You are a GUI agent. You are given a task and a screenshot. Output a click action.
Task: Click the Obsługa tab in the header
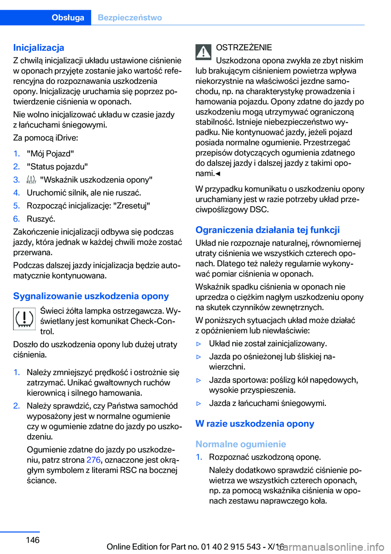point(68,17)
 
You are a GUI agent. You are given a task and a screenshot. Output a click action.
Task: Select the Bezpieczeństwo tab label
point(130,17)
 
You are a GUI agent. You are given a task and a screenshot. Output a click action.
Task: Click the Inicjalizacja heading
point(39,48)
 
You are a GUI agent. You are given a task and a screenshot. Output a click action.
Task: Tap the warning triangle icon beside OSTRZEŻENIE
point(203,52)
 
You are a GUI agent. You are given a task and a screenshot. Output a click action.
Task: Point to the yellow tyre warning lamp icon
point(24,318)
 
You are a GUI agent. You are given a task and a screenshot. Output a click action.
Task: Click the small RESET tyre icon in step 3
point(31,180)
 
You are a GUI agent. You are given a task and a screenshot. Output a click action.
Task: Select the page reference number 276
point(93,460)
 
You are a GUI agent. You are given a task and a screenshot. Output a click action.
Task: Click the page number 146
point(33,540)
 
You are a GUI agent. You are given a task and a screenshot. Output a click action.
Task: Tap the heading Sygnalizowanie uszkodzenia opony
point(91,296)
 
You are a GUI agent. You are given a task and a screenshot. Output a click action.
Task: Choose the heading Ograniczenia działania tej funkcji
point(268,230)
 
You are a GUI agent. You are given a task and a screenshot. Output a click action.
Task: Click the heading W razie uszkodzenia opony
point(255,423)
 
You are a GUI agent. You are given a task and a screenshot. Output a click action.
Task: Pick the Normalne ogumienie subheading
point(241,444)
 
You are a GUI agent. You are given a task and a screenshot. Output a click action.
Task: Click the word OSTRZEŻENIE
point(244,47)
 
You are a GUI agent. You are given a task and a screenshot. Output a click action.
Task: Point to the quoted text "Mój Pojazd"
point(51,153)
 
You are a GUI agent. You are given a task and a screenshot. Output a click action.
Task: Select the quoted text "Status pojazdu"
point(57,166)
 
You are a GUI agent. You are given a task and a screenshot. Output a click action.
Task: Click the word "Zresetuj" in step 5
point(132,205)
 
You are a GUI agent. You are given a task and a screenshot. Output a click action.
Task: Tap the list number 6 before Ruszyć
point(16,219)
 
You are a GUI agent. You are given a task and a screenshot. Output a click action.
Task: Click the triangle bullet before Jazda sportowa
point(199,380)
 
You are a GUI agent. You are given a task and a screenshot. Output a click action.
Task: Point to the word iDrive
point(67,137)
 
